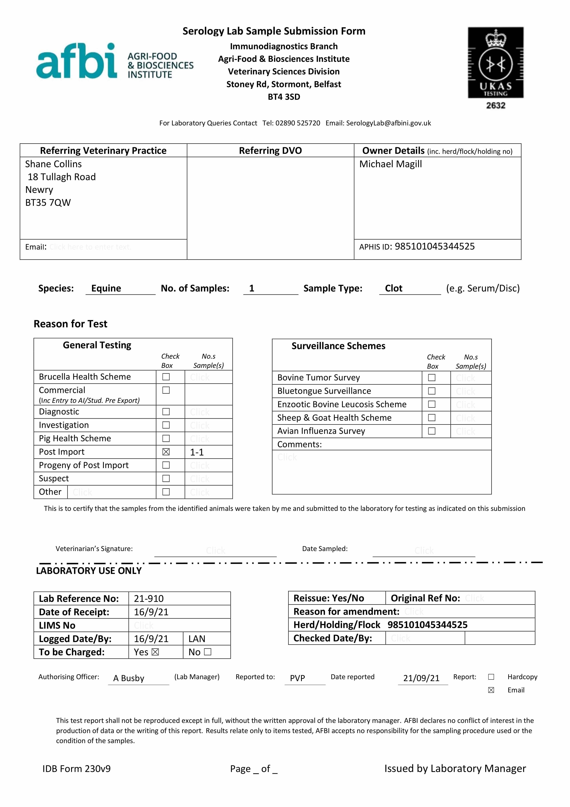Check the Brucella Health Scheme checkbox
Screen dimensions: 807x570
[166, 377]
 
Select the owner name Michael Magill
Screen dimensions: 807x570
[391, 164]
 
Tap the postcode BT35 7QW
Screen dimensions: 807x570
[48, 203]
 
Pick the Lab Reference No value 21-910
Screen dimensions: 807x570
[149, 599]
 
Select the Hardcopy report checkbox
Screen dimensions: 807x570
[491, 677]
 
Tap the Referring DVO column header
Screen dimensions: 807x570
[270, 151]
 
